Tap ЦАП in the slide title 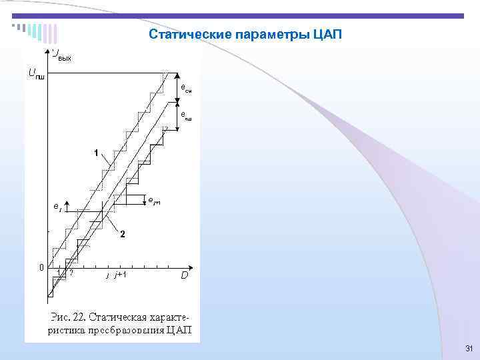point(325,34)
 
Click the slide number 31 point(468,349)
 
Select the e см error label point(186,89)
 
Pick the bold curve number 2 point(123,233)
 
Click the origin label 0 point(41,267)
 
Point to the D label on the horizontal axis point(184,275)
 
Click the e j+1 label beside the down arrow point(154,201)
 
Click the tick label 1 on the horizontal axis point(59,273)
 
